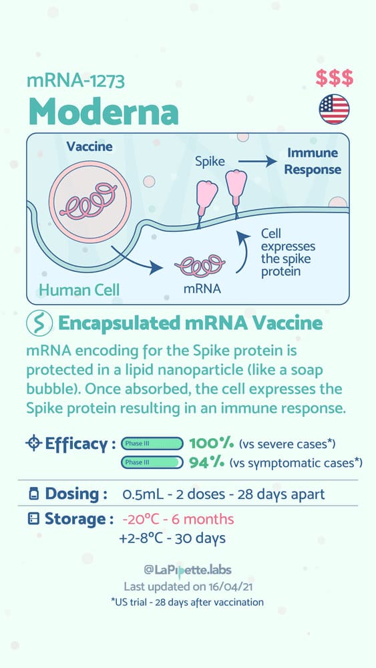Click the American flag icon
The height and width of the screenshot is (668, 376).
pyautogui.click(x=335, y=109)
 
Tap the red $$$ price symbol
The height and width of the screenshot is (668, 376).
pyautogui.click(x=335, y=78)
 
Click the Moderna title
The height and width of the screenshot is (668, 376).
pyautogui.click(x=103, y=111)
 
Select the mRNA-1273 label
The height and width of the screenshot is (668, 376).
pyautogui.click(x=75, y=80)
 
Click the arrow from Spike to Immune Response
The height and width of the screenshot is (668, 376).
pyautogui.click(x=258, y=162)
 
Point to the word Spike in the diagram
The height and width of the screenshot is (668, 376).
pyautogui.click(x=210, y=162)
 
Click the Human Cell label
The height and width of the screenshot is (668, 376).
pyautogui.click(x=79, y=290)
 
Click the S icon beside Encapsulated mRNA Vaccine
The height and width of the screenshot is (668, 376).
pyautogui.click(x=39, y=324)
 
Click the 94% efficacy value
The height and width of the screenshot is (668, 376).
pyautogui.click(x=206, y=462)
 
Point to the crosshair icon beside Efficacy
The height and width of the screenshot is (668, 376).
pyautogui.click(x=33, y=444)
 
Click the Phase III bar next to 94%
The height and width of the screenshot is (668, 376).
pyautogui.click(x=152, y=462)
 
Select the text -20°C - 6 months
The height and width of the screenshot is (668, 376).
pyautogui.click(x=178, y=519)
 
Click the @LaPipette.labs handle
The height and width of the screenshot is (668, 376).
pyautogui.click(x=188, y=570)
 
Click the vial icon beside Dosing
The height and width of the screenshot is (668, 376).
pyautogui.click(x=33, y=494)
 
